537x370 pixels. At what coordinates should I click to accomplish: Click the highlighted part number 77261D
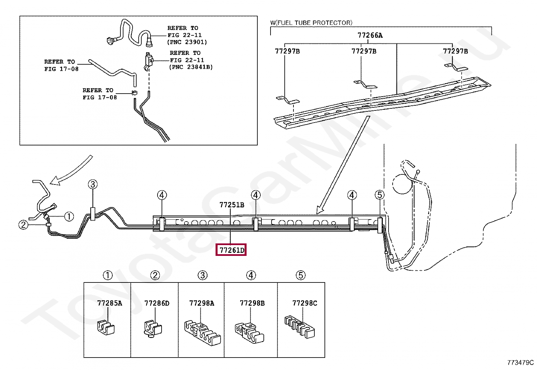tap(231, 250)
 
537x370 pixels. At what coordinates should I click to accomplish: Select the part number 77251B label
tap(232, 205)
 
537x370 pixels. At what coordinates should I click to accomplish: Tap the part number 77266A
tap(370, 35)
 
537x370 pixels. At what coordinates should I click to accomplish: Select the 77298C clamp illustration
tap(300, 326)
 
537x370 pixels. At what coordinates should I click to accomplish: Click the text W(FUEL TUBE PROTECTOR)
tap(311, 23)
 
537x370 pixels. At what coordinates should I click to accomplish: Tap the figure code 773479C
tap(520, 363)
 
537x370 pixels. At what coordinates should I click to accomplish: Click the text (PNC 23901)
tap(187, 42)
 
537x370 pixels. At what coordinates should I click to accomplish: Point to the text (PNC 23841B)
tap(191, 67)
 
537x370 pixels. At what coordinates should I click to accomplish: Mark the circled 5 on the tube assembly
tap(379, 195)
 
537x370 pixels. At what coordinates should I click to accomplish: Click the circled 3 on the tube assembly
tap(93, 184)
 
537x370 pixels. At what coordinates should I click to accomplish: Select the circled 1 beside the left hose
tap(69, 216)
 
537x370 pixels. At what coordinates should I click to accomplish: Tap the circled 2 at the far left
tap(23, 225)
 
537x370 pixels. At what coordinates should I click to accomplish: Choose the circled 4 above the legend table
tap(251, 275)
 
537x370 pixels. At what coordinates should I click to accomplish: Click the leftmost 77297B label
tap(287, 51)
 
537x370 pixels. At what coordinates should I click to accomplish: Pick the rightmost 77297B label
tap(455, 51)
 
